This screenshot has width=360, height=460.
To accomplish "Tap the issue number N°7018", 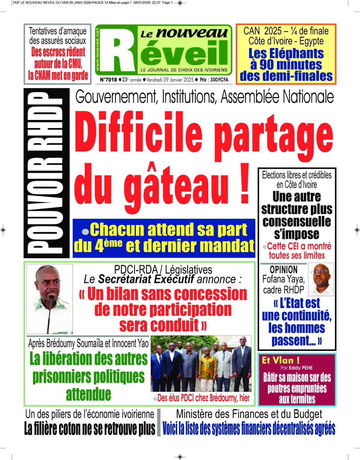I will (x=108, y=80).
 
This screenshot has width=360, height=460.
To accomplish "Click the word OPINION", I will (x=283, y=269).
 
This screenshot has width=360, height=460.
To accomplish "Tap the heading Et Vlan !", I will (x=281, y=360).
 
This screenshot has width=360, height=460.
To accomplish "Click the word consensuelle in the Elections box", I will (x=297, y=222).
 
